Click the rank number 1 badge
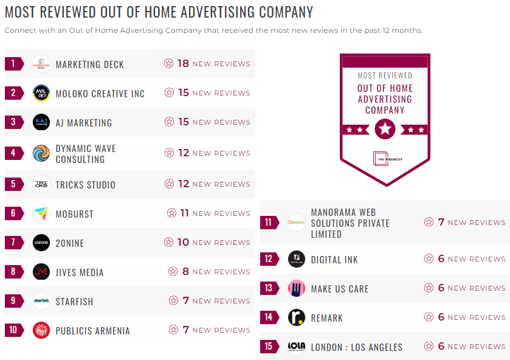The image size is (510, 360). [x=13, y=64]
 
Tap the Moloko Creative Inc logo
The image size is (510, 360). [x=41, y=93]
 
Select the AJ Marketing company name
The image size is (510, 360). [x=84, y=123]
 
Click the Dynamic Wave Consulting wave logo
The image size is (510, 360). [x=41, y=153]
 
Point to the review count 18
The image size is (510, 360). [x=183, y=63]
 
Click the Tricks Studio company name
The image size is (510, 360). [x=85, y=185]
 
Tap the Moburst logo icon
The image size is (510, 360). [x=41, y=213]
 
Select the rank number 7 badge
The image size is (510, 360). [x=13, y=243]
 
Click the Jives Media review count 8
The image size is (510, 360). [x=186, y=272]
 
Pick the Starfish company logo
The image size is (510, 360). [x=41, y=301]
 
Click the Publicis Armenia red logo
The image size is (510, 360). [x=41, y=330]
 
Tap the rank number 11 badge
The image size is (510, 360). [x=268, y=223]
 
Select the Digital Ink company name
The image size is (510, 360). [x=334, y=260]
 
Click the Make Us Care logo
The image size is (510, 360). [x=297, y=288]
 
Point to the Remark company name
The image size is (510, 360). [x=327, y=318]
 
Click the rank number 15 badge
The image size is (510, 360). [x=268, y=347]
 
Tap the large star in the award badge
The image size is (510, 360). [x=385, y=129]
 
